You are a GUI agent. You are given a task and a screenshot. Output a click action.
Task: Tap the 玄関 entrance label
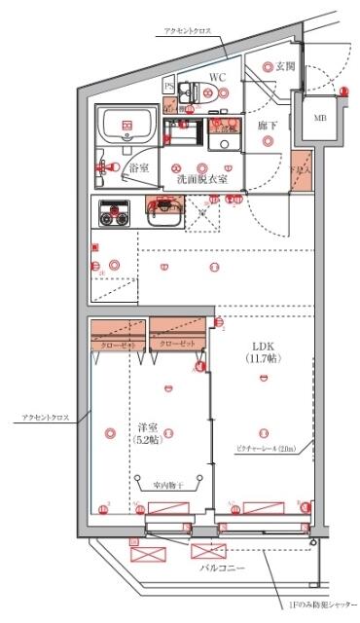click(284, 66)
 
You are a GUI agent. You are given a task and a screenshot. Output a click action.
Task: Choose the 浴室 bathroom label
click(138, 167)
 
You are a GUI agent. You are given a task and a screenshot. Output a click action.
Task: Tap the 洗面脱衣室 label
click(201, 179)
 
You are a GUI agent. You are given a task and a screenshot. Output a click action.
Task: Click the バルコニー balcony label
click(223, 567)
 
